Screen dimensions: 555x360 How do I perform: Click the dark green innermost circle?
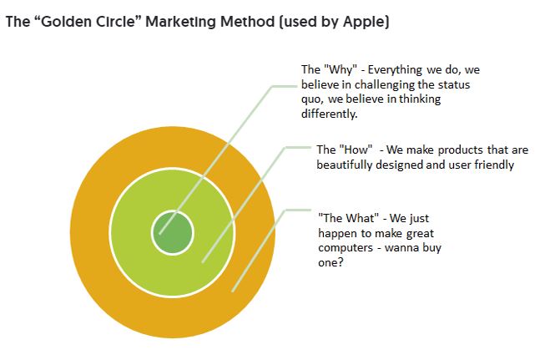(x=173, y=233)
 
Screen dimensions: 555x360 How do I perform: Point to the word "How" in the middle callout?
(x=356, y=150)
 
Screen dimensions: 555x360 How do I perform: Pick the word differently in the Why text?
(x=329, y=114)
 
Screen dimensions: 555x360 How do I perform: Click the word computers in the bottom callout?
(x=346, y=247)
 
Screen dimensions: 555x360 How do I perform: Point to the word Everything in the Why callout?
(x=395, y=70)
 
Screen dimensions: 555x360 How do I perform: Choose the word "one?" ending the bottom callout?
(x=330, y=262)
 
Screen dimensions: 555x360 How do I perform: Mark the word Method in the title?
(x=247, y=22)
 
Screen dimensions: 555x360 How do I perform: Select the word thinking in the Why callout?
(x=420, y=99)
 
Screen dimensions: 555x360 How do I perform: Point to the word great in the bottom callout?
(x=420, y=234)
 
